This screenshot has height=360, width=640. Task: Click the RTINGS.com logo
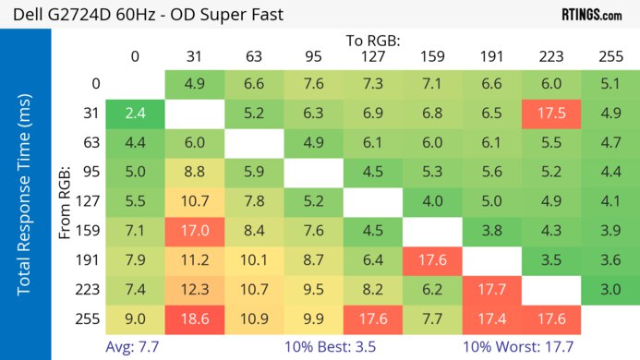point(591,15)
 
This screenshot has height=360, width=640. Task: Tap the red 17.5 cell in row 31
point(550,114)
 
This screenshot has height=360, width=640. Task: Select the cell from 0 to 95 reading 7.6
point(313,85)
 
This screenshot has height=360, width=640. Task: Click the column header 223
point(550,56)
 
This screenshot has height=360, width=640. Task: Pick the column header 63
point(253,56)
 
